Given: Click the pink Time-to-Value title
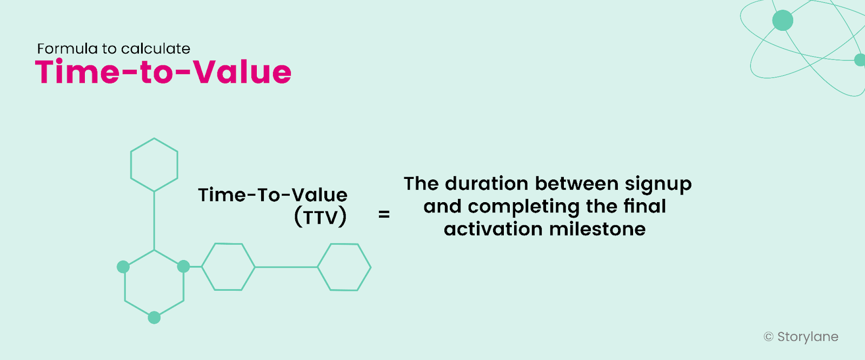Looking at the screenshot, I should pos(163,72).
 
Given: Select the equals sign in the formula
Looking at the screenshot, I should pos(384,215).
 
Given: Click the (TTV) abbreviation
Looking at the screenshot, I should pos(320,217).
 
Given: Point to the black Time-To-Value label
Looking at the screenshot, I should pos(272,195).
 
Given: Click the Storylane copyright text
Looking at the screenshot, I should pos(807,337).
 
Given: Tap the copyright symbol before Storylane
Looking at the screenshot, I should pos(768,337).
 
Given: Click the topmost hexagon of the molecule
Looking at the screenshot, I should pos(154,164).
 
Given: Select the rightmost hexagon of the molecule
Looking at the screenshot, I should pos(344,267).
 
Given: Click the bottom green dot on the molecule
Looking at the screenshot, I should pos(154,317).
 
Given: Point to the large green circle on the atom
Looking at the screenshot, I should pos(782,21).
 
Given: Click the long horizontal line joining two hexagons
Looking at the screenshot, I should pos(286,267).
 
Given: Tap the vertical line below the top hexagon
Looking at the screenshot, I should pos(154,221).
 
